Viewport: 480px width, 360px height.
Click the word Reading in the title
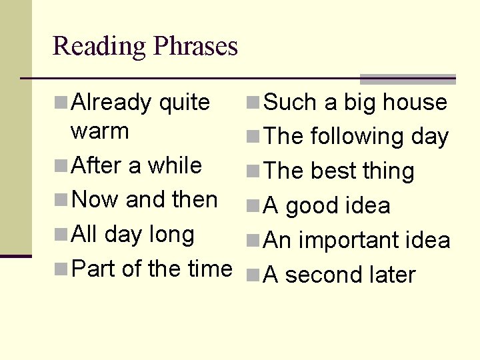click(99, 47)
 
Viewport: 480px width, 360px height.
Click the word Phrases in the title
click(195, 47)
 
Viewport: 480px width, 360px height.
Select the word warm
click(99, 131)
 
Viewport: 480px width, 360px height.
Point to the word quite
click(184, 103)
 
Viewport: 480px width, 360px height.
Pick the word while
click(175, 165)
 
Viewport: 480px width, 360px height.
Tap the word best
click(334, 171)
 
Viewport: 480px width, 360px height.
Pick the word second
click(327, 275)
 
